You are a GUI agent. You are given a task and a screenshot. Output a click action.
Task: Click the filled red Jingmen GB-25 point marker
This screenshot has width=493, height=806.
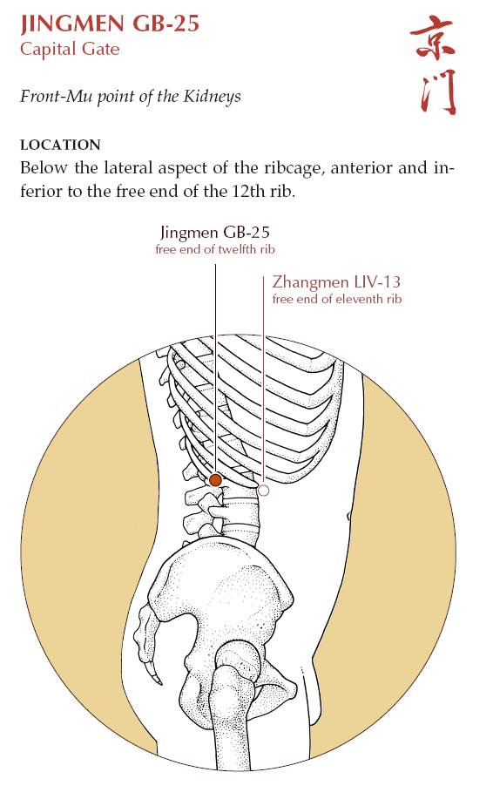pos(215,480)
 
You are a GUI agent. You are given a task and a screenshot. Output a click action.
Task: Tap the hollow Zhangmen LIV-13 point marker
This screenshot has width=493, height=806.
pos(263,491)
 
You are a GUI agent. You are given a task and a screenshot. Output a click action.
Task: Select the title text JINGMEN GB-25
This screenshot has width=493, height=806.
pos(110,24)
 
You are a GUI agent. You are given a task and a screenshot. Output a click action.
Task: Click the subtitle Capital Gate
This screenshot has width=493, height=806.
pos(70,50)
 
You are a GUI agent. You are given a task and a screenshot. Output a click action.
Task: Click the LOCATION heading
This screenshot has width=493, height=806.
pos(60,145)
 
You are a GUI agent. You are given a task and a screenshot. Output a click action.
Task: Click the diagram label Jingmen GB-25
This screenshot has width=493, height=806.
pos(215,233)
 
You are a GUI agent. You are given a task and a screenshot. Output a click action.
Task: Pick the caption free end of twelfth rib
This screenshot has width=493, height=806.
pos(215,250)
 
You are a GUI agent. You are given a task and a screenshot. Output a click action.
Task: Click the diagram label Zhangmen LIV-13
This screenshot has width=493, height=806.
pos(336,282)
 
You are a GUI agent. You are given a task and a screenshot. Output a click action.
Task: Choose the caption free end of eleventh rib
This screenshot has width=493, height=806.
pos(337,299)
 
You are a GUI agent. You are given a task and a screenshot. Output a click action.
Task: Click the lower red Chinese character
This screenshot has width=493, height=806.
pos(438,92)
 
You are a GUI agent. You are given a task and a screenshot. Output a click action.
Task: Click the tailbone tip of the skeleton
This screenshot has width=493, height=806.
pos(159,681)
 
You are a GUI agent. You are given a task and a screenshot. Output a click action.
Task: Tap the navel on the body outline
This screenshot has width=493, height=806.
pos(348,515)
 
